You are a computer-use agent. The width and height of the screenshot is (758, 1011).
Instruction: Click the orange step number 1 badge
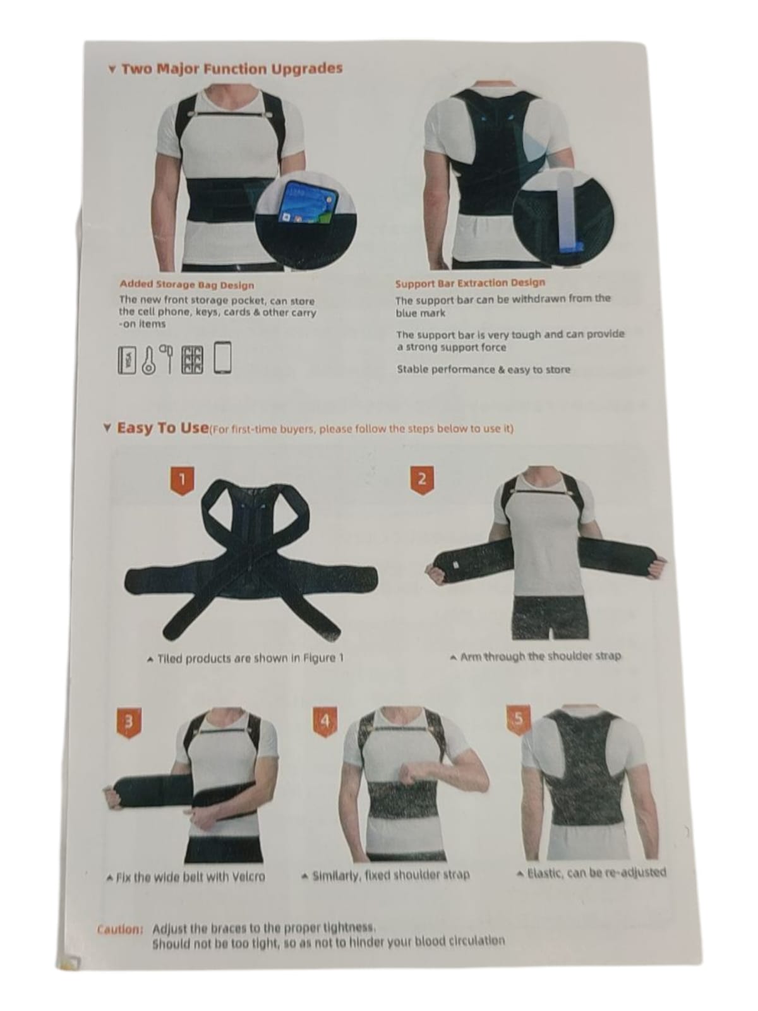point(183,481)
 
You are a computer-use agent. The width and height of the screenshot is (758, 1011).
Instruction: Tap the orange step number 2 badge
point(421,480)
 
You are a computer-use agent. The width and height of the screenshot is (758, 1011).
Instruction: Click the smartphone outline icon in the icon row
point(223,358)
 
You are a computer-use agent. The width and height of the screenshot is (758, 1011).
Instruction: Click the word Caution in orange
point(120,930)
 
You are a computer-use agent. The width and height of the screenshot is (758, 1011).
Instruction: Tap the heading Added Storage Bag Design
point(187,284)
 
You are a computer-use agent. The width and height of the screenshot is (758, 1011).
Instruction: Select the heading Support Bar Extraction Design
point(470,283)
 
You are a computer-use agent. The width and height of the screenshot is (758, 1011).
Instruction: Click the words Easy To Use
point(162,428)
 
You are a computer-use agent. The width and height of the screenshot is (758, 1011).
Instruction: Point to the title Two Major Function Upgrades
point(232,69)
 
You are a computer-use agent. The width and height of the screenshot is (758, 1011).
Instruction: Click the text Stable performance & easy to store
point(484,370)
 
